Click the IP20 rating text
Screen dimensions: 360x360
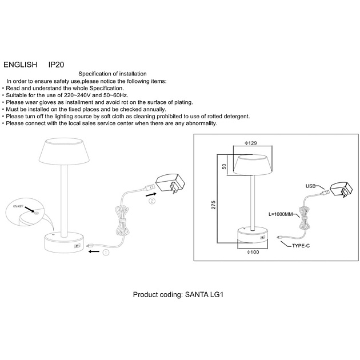tap(56, 65)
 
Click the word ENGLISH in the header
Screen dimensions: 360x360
tap(20, 65)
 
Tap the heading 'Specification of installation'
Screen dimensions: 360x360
tap(113, 74)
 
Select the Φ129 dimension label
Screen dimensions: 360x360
tap(250, 143)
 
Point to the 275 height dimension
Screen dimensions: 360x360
tap(214, 205)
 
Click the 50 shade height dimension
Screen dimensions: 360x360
tap(225, 166)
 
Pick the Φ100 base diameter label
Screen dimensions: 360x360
tap(253, 252)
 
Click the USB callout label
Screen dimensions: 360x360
tap(310, 186)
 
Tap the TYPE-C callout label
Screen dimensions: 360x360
tap(301, 246)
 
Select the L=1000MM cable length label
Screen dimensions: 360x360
tap(281, 214)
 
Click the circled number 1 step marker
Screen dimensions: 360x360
tap(106, 253)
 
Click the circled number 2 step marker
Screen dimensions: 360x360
tap(152, 201)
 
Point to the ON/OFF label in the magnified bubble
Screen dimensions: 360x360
tap(18, 206)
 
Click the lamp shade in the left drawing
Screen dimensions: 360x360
tap(64, 151)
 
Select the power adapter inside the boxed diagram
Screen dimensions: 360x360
tap(341, 189)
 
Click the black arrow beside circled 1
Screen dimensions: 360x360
tap(94, 251)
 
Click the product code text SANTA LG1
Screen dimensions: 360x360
tap(204, 294)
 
